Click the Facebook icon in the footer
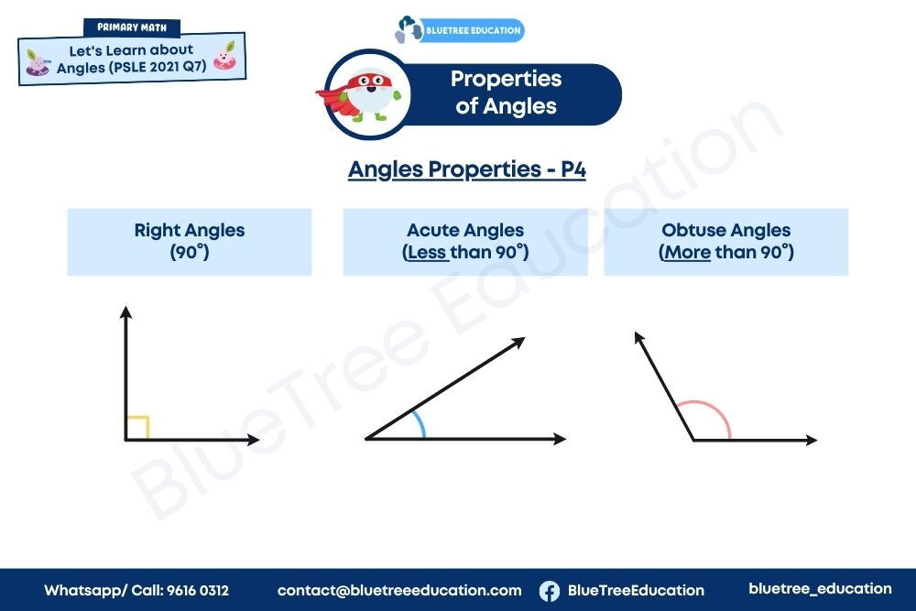coord(549,591)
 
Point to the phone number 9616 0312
coord(198,591)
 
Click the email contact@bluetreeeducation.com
coord(399,591)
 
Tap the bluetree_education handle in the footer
coord(820,589)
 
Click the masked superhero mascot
coord(364,95)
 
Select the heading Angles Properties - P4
coord(467,169)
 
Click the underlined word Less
coord(427,252)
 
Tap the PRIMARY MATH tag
coord(132,27)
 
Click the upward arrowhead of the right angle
coord(125,312)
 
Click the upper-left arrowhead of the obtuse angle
coord(638,338)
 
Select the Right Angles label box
coord(190,242)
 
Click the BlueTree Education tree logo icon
coord(409,29)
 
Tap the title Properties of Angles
coord(506,93)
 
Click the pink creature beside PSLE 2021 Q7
coord(225,56)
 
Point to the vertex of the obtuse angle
coord(693,440)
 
